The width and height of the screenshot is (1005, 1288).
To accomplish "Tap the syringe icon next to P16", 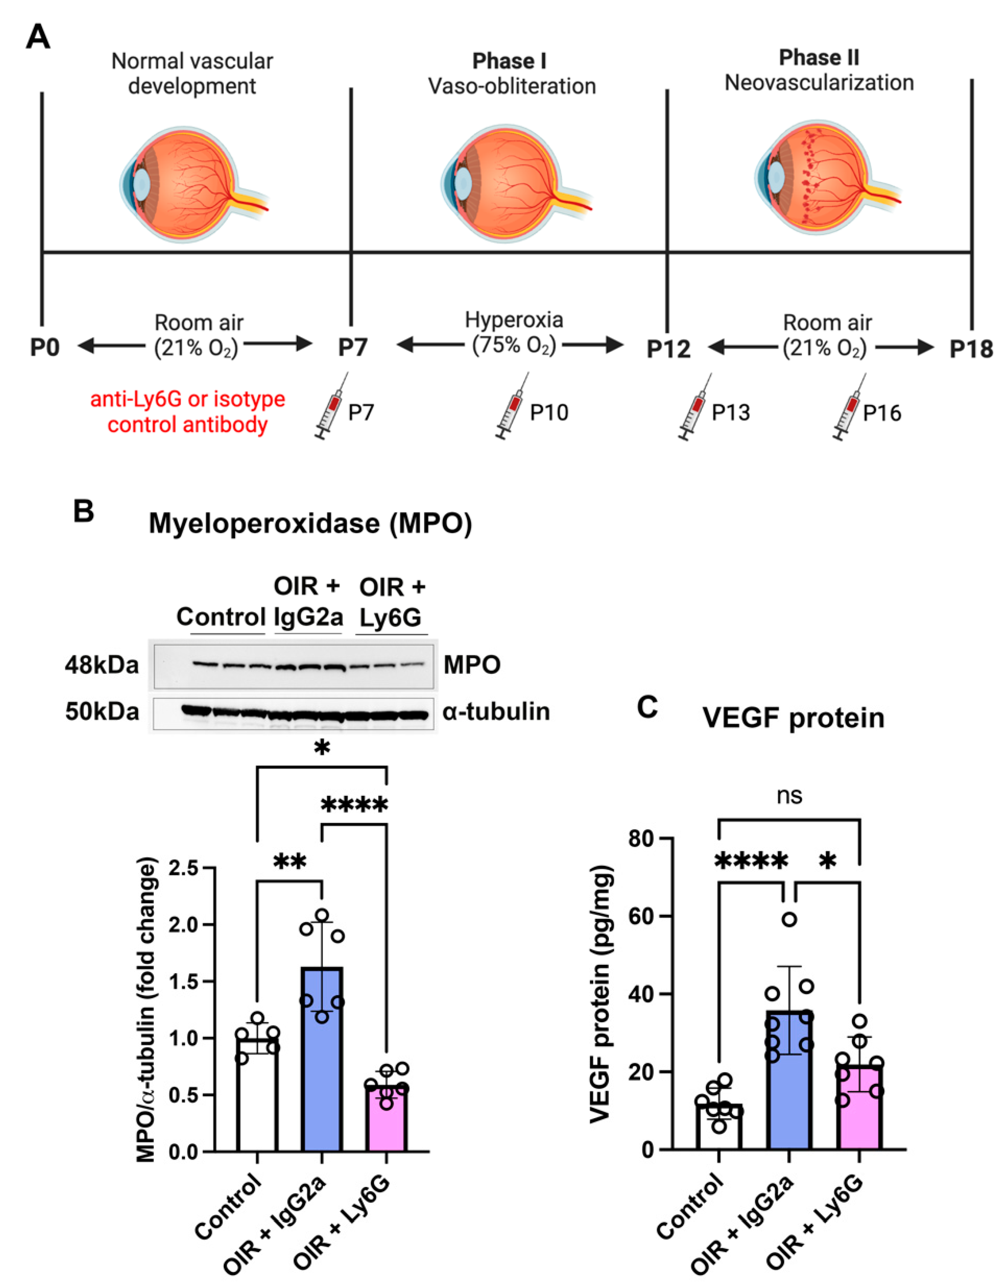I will point(847,407).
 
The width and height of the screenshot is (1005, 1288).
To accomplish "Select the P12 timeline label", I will point(668,349).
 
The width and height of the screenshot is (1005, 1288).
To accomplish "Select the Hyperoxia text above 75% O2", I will point(514,320).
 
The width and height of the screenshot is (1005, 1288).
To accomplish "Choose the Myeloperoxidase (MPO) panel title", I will point(310,523).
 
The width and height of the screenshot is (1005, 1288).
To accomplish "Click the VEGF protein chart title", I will point(793,718).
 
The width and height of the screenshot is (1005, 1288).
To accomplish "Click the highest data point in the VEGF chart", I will point(790,919).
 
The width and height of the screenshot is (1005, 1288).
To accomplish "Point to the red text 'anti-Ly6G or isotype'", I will point(187,399).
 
